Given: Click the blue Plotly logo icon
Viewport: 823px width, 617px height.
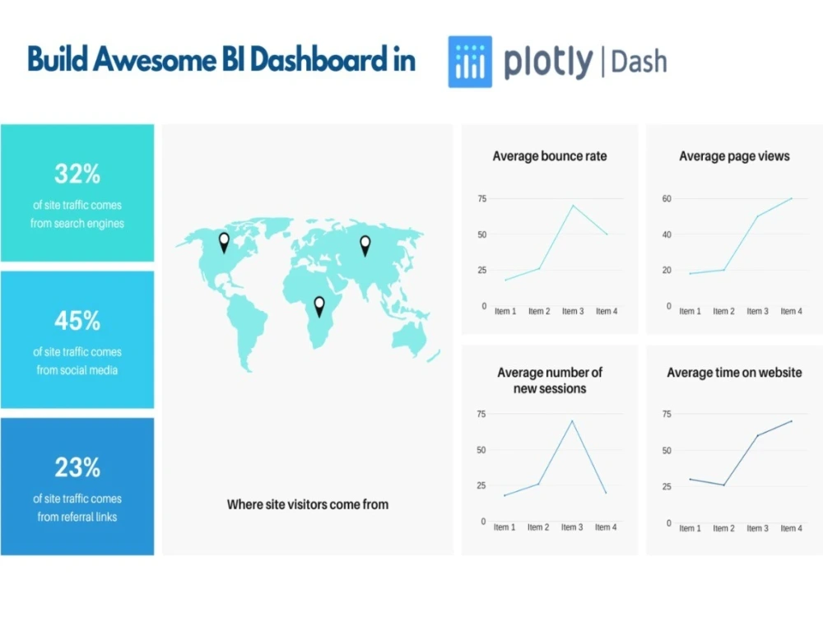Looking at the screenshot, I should [x=470, y=62].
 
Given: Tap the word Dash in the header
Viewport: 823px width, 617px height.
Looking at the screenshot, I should [x=639, y=62].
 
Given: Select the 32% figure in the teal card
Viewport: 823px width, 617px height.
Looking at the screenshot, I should [x=77, y=174].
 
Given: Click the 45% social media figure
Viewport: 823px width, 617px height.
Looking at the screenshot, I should [x=77, y=320].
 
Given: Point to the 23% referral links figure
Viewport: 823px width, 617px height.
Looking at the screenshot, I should [x=77, y=467].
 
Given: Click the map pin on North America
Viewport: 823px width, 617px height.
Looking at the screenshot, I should [x=224, y=242].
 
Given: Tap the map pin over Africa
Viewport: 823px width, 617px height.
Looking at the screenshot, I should [x=319, y=306].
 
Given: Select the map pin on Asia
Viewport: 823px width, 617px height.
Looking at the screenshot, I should [x=365, y=244].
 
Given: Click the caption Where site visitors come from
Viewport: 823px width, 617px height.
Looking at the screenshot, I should [x=307, y=504].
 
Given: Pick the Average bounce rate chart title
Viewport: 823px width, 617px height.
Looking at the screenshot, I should [x=549, y=155].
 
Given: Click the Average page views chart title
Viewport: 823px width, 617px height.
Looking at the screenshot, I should [x=734, y=155].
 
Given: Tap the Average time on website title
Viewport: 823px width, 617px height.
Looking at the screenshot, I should [x=734, y=373].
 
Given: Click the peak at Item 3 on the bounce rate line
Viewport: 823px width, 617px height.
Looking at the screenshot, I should [x=573, y=206].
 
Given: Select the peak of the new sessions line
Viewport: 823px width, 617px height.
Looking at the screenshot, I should [x=571, y=421].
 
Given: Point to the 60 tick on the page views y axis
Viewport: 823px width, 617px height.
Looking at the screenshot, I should [x=667, y=199].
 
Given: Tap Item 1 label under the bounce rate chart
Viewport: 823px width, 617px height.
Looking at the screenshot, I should [x=504, y=311].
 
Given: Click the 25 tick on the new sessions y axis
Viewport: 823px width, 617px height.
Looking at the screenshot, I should [x=481, y=485].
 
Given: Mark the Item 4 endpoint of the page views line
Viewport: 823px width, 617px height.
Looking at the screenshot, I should [x=792, y=198].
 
